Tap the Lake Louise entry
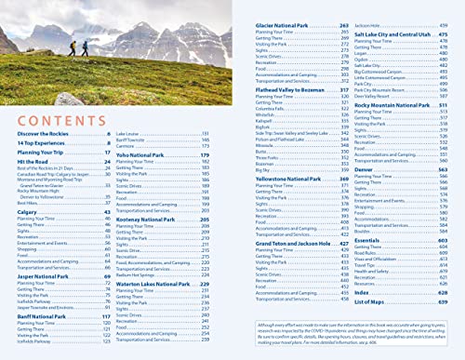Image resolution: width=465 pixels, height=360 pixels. (x=129, y=134)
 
